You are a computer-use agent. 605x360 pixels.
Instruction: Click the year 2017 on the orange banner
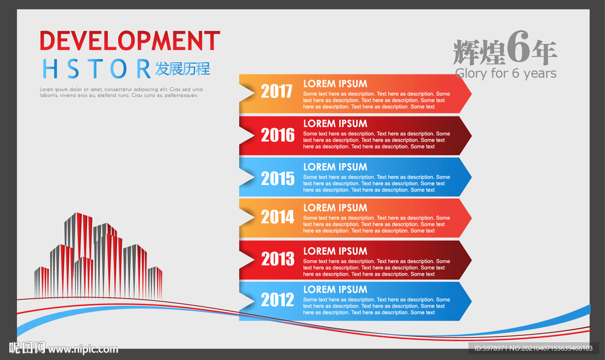[277, 92]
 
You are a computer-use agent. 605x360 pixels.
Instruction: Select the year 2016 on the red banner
[278, 135]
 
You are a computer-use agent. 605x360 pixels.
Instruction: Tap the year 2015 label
[278, 179]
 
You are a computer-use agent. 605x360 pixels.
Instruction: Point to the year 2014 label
[278, 217]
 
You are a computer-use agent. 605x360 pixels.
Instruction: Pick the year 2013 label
[278, 258]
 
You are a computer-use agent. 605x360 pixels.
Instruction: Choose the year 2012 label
[278, 300]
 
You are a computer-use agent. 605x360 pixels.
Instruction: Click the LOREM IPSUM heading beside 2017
[335, 84]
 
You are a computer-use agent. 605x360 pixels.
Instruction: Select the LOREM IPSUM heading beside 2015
[335, 167]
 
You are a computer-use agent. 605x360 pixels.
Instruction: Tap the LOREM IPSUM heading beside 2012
[335, 290]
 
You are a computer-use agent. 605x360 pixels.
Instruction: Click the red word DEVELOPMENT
[129, 41]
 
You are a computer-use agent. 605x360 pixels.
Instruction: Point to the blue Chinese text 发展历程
[183, 69]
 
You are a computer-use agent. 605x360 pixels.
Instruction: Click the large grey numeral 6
[518, 47]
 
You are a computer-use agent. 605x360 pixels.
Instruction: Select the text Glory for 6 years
[506, 73]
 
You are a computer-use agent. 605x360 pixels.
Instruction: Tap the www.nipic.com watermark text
[83, 349]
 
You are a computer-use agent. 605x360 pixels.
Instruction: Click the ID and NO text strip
[534, 348]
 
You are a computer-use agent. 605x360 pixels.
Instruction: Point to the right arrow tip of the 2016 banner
[471, 135]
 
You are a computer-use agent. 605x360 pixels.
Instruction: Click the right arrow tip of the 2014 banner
[471, 218]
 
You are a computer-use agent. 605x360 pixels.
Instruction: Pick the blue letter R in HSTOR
[144, 69]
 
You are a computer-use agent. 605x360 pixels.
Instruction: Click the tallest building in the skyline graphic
[79, 251]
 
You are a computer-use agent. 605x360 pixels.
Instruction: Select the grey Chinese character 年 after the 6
[544, 52]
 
